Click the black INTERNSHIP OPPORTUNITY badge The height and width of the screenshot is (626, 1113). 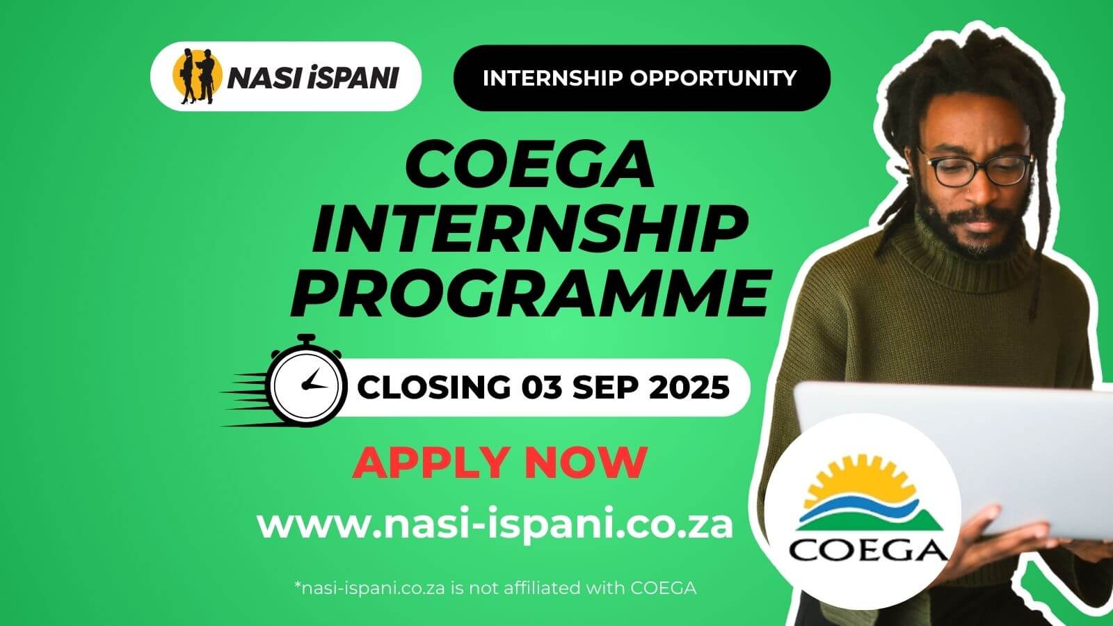[x=641, y=78]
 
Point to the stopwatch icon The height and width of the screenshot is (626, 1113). [x=307, y=383]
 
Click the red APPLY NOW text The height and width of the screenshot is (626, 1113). [x=499, y=462]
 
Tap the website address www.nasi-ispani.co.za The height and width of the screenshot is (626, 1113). [x=495, y=525]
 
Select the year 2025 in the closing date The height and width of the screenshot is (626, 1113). [x=690, y=387]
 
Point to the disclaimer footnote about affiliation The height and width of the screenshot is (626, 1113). [x=495, y=588]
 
